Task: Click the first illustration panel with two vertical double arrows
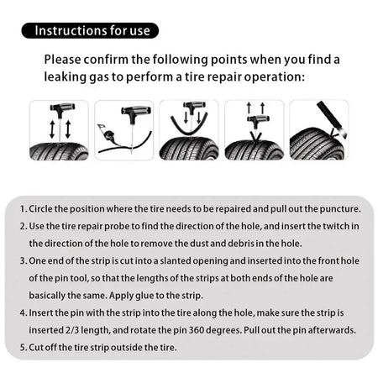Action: (59, 130)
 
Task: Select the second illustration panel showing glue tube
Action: (123, 130)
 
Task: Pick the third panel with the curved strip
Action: (188, 130)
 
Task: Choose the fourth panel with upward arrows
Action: (254, 130)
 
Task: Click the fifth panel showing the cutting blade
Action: (318, 130)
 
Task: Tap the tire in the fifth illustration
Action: (315, 144)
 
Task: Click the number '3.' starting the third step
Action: (23, 261)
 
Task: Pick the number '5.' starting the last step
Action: (23, 347)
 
